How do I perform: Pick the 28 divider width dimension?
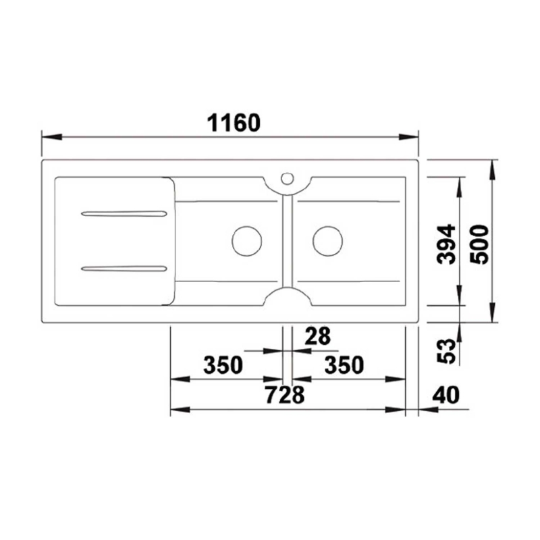(x=317, y=335)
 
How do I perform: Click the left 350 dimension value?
(x=223, y=365)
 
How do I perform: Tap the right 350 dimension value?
(x=344, y=365)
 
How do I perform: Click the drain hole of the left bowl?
(x=247, y=240)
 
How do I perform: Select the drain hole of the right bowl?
(x=328, y=240)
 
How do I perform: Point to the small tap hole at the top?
(x=287, y=179)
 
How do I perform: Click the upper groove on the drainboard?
(x=124, y=214)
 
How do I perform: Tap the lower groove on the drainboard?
(x=124, y=269)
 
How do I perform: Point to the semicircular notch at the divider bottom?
(x=287, y=296)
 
